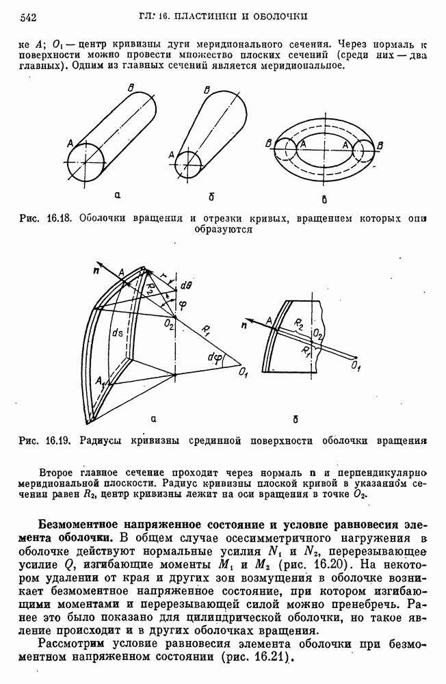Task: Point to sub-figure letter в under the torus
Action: (324, 199)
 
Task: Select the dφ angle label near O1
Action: (218, 356)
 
